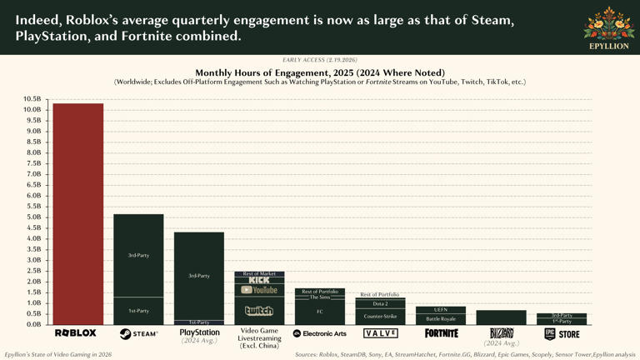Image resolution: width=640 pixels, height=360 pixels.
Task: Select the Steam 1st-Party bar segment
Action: coord(138,310)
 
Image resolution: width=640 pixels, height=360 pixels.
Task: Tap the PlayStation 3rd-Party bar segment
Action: coord(198,275)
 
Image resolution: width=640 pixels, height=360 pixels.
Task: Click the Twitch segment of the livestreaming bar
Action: coord(259,311)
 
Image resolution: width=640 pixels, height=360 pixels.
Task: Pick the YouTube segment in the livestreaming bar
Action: coord(259,290)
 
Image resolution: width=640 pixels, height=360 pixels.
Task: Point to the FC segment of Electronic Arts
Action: coord(319,312)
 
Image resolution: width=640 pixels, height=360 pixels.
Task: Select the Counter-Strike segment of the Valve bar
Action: coord(379,317)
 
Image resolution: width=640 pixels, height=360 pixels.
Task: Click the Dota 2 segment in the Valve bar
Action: coord(379,304)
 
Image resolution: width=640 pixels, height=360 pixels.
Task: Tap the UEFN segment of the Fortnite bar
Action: coord(440,310)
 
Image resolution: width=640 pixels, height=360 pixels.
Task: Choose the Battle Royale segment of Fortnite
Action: coord(440,319)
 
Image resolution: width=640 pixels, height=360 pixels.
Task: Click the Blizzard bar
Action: coord(501,317)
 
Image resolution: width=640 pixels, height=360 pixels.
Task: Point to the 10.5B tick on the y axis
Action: coord(32,99)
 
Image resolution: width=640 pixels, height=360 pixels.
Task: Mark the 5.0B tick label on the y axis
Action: coord(32,217)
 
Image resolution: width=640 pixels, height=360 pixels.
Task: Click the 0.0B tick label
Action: coord(32,324)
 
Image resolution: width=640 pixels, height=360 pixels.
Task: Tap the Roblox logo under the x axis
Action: coord(76,333)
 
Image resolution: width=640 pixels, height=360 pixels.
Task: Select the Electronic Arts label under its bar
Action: coord(319,333)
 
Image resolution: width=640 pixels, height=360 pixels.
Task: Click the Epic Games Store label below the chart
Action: coord(561,333)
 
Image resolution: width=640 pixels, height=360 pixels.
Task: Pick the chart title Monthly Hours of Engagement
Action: coord(319,72)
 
